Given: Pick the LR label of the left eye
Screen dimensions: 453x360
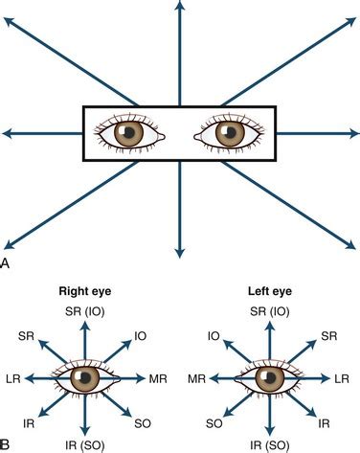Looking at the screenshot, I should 341,380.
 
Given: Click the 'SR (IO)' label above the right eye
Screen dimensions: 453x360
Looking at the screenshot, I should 85,313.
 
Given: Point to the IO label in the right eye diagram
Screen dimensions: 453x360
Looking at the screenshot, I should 141,336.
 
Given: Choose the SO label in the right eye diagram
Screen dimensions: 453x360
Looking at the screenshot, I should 141,422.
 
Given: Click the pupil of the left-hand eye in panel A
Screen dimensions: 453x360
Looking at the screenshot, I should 129,134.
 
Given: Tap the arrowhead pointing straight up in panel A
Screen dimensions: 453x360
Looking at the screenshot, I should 180,8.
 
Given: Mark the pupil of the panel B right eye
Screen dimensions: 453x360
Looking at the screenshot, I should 87,380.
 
